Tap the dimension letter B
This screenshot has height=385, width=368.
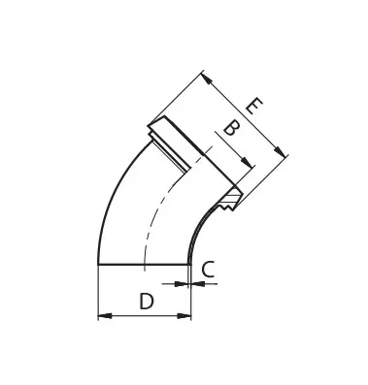click(x=230, y=129)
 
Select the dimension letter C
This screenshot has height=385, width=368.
click(x=207, y=271)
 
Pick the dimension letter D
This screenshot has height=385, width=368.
click(x=146, y=301)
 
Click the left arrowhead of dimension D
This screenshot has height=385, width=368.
click(x=103, y=314)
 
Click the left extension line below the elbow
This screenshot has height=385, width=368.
click(x=99, y=291)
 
